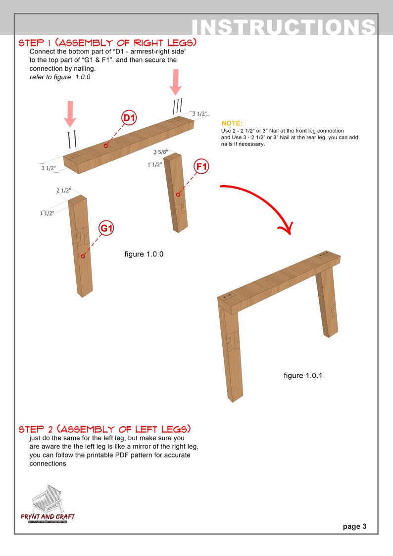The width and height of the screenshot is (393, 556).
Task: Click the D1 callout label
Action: coord(129,118)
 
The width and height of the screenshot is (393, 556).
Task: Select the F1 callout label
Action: coord(201,167)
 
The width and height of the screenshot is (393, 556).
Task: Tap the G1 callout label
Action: coord(107,228)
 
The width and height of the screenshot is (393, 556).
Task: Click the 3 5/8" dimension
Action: coord(161,152)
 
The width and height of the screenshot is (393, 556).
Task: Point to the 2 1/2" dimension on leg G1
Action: coord(63,190)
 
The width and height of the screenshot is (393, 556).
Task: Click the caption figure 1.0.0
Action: coord(144,254)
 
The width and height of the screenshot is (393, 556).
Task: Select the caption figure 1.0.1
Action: coord(303,375)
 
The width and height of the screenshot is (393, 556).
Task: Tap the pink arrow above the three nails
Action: coord(176,82)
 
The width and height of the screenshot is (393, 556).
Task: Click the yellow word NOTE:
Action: coord(232,123)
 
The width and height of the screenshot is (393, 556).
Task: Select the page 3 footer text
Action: coord(354,526)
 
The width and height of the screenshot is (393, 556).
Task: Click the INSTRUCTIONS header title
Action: coord(283,27)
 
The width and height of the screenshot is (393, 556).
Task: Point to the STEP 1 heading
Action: coord(107,43)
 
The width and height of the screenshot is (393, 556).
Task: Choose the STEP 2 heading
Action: coord(104,429)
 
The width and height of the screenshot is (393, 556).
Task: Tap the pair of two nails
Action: coord(72,139)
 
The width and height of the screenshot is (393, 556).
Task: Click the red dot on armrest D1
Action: coord(105,146)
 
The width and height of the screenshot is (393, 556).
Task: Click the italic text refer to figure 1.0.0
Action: coord(60,77)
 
